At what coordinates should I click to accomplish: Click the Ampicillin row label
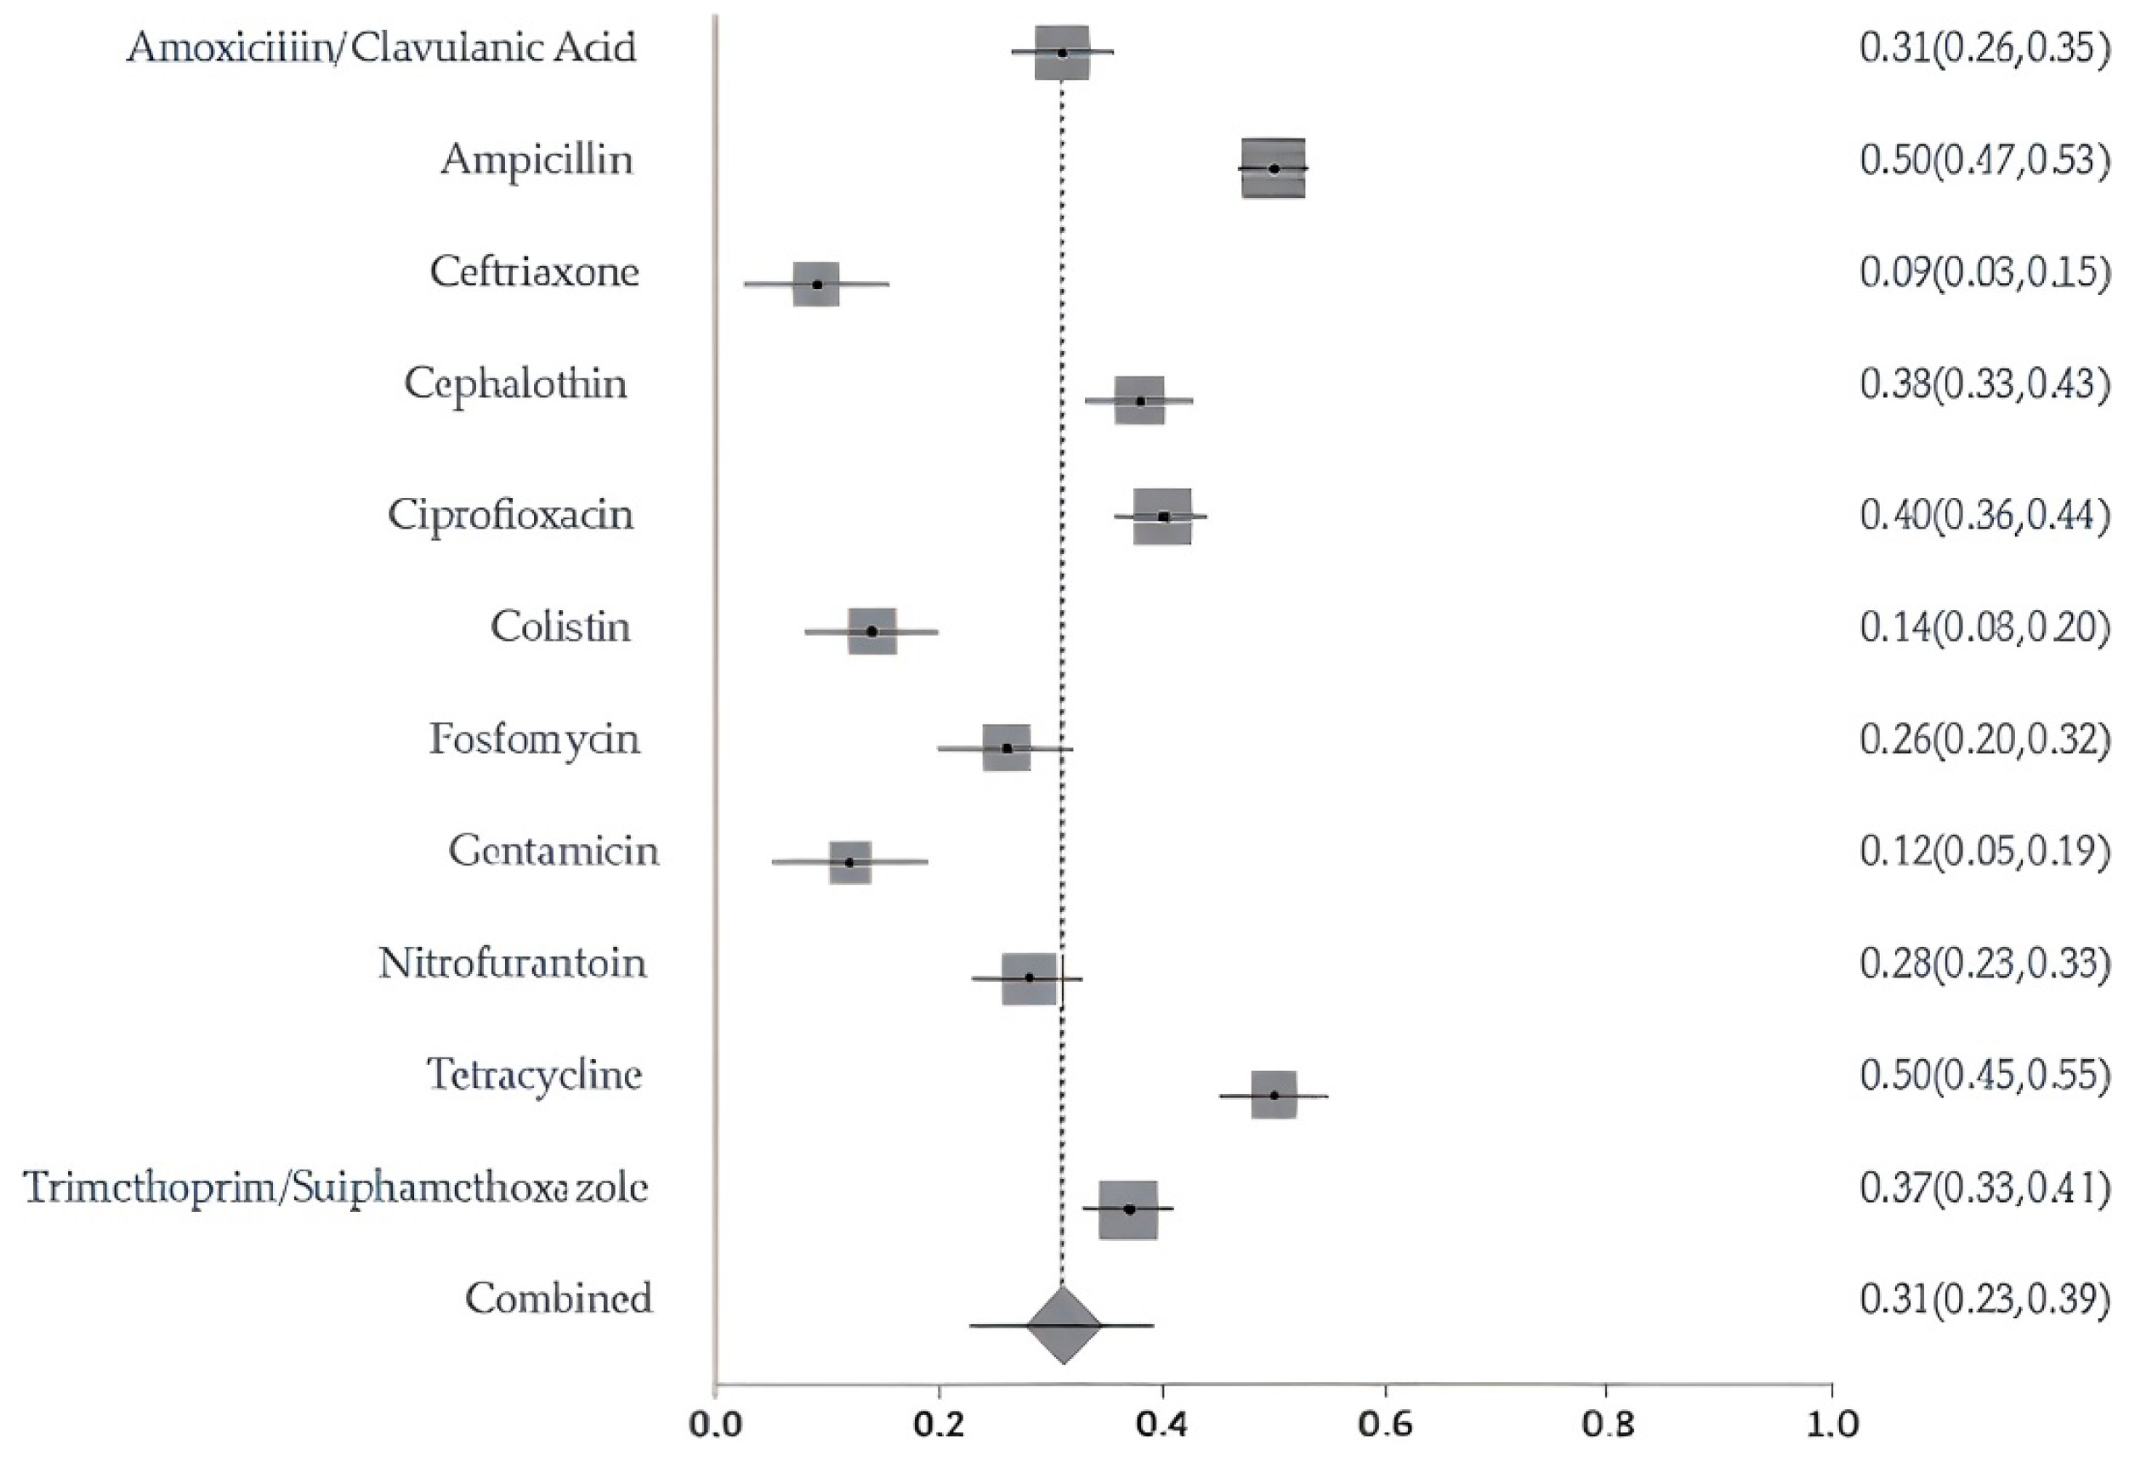537,160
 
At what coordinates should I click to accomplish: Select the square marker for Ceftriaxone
816,284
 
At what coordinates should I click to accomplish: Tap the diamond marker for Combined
1063,1325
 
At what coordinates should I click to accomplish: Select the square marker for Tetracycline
1275,1095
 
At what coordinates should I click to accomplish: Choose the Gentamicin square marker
849,862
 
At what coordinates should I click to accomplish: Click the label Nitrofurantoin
512,963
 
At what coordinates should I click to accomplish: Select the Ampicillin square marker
1273,168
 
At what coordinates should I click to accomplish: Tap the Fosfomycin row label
534,739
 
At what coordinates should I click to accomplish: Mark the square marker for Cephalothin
1140,401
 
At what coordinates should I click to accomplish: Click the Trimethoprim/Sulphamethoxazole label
336,1187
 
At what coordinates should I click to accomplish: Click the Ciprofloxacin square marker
1163,517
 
